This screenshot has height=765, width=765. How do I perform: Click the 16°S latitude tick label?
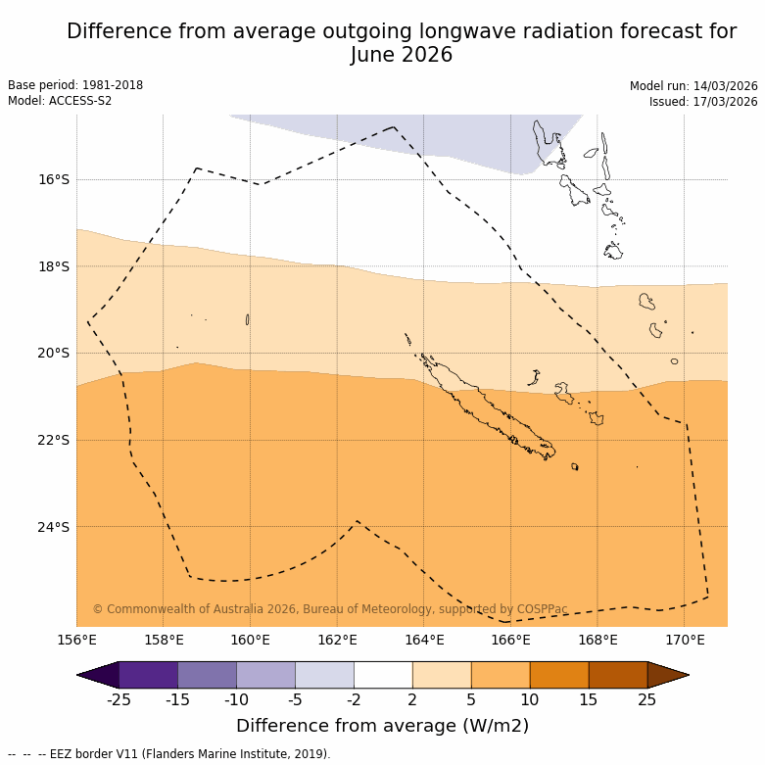(54, 179)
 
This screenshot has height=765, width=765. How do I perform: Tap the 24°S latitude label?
(54, 527)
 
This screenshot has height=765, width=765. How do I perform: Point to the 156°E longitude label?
(77, 641)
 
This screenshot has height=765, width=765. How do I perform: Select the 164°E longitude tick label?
(424, 641)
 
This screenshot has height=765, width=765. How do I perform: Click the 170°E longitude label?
(685, 641)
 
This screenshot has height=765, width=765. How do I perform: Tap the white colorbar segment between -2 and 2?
(383, 675)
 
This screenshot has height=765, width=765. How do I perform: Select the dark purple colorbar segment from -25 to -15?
(148, 675)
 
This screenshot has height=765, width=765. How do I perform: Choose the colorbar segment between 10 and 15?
(559, 675)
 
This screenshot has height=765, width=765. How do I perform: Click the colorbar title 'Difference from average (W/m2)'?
(382, 726)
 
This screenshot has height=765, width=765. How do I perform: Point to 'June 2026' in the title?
(402, 55)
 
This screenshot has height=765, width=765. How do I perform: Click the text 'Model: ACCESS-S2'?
(60, 101)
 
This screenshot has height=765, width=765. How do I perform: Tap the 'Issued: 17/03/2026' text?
(703, 102)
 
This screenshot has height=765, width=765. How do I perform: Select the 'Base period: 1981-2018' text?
(75, 85)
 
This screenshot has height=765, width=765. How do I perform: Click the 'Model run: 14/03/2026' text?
(693, 86)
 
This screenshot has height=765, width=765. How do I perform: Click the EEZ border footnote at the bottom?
(169, 754)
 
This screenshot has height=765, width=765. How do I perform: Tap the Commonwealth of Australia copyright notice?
(330, 609)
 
